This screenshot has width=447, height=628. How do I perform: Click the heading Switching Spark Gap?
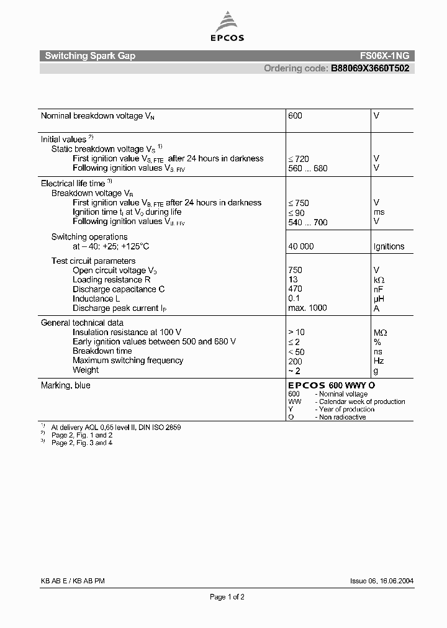tap(90, 56)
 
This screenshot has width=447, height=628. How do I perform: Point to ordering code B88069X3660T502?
tap(369, 68)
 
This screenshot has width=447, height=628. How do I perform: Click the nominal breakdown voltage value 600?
tap(296, 116)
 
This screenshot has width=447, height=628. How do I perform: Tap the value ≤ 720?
tap(299, 159)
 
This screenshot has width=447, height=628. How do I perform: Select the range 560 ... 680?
tap(308, 168)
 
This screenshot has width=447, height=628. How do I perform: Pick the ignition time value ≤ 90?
tap(297, 213)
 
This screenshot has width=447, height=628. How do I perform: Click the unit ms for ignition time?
tap(379, 212)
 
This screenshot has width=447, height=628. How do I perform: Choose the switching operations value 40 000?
tap(301, 246)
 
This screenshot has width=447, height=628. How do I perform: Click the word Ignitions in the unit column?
tap(389, 246)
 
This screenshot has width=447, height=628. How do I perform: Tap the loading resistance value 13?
tap(293, 280)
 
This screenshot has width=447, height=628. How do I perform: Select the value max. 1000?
tap(307, 308)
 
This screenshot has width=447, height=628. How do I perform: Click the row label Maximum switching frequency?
tap(128, 361)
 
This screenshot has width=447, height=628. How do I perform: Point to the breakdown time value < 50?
tap(297, 351)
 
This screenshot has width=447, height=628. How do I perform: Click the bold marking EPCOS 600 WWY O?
tap(332, 385)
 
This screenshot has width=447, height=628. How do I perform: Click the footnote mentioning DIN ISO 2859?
tap(116, 428)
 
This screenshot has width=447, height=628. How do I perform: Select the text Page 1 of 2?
tap(227, 597)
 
